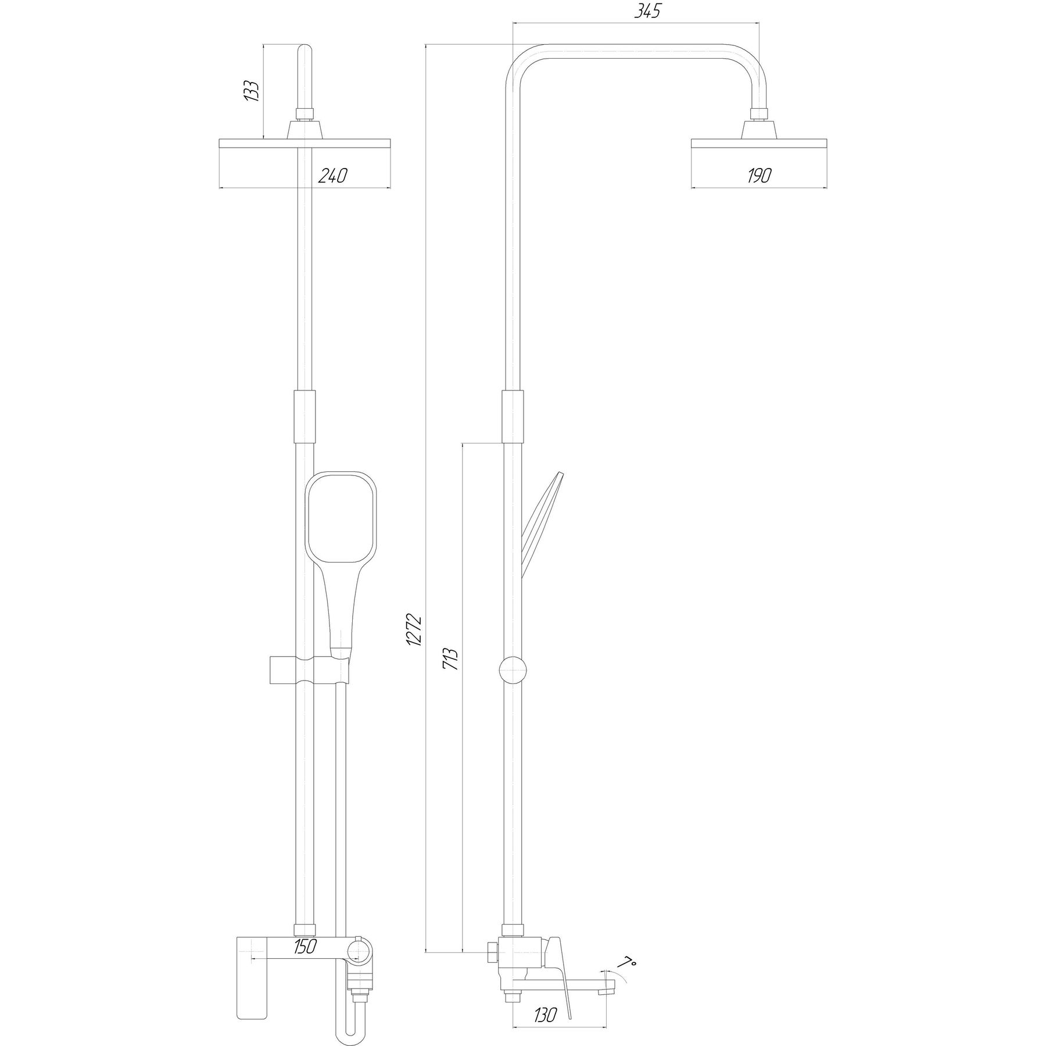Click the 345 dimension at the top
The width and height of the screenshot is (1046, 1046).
(647, 12)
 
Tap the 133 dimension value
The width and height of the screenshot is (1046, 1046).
(251, 91)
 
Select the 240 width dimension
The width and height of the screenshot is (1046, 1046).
(332, 175)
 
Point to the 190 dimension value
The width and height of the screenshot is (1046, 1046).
(759, 175)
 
